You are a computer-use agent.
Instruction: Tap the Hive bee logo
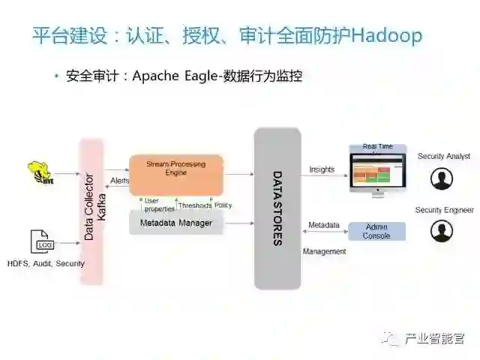coord(38,172)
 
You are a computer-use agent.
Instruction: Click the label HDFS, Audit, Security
coord(46,263)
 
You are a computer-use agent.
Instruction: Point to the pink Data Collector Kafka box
coord(91,211)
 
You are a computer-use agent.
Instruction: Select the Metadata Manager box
coord(175,223)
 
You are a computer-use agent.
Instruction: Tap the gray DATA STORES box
coord(277,208)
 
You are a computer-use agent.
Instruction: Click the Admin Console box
coord(376,231)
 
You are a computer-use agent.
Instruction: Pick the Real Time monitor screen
coord(377,169)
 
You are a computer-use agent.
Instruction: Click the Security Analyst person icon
coord(442,179)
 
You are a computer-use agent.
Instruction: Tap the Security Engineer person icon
coord(442,231)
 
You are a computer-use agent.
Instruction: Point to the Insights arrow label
coord(322,169)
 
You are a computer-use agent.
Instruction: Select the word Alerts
coord(119,181)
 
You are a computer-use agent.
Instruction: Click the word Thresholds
coord(194,205)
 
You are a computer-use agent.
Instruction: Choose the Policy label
coord(223,205)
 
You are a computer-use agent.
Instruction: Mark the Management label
coord(324,252)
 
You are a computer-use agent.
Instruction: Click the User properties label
coord(158,205)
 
